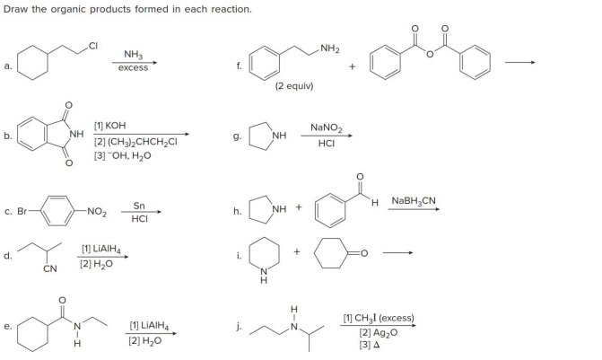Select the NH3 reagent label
135,56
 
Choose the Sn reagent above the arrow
139,206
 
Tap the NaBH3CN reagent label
411,199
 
